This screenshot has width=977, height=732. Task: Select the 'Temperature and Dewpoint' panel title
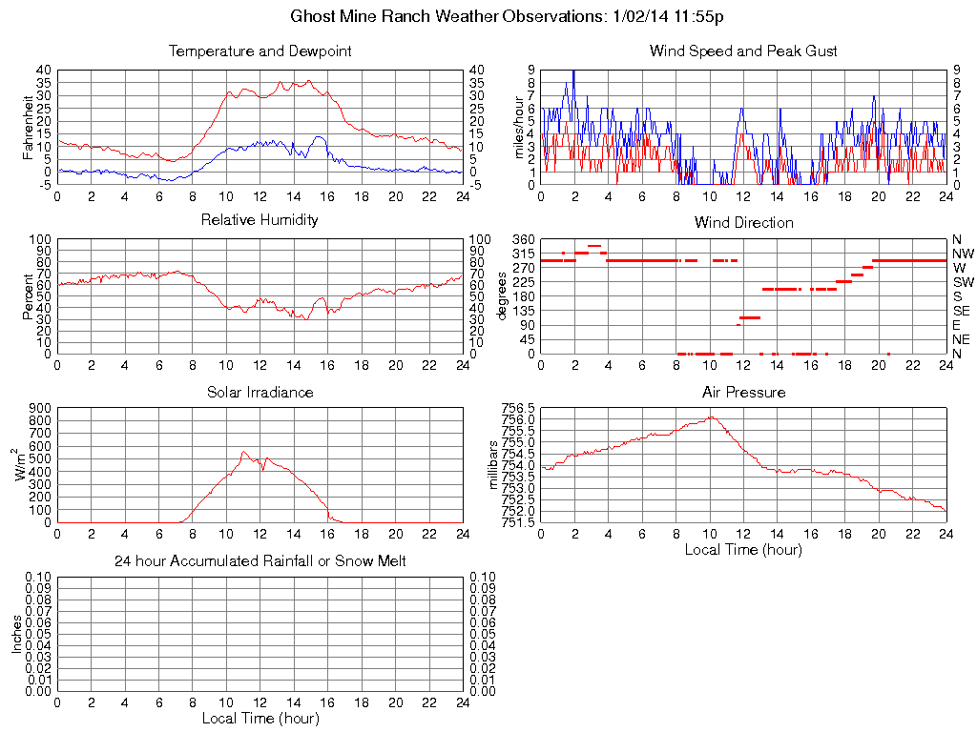[260, 51]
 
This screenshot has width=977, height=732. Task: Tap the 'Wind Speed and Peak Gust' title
[743, 51]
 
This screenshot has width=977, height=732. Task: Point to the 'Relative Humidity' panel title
[260, 220]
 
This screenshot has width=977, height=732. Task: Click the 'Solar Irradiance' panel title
[260, 392]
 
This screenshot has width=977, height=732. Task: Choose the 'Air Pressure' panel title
[743, 392]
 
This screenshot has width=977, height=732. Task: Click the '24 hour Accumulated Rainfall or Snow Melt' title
[260, 561]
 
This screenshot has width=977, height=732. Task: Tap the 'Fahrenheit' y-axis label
[29, 127]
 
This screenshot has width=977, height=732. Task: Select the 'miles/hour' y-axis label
[519, 127]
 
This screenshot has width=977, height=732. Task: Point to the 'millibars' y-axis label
[494, 464]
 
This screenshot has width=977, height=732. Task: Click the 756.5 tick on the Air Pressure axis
[519, 407]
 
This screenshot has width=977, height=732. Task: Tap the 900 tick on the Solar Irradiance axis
[40, 408]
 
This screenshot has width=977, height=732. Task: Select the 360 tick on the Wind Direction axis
[524, 238]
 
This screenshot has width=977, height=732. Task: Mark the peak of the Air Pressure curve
[711, 417]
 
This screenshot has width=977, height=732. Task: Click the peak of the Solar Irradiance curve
[243, 452]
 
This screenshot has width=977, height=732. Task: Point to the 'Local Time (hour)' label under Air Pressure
[743, 549]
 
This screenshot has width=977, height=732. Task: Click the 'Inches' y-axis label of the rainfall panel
[16, 634]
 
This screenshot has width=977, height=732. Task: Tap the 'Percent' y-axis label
[29, 295]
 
